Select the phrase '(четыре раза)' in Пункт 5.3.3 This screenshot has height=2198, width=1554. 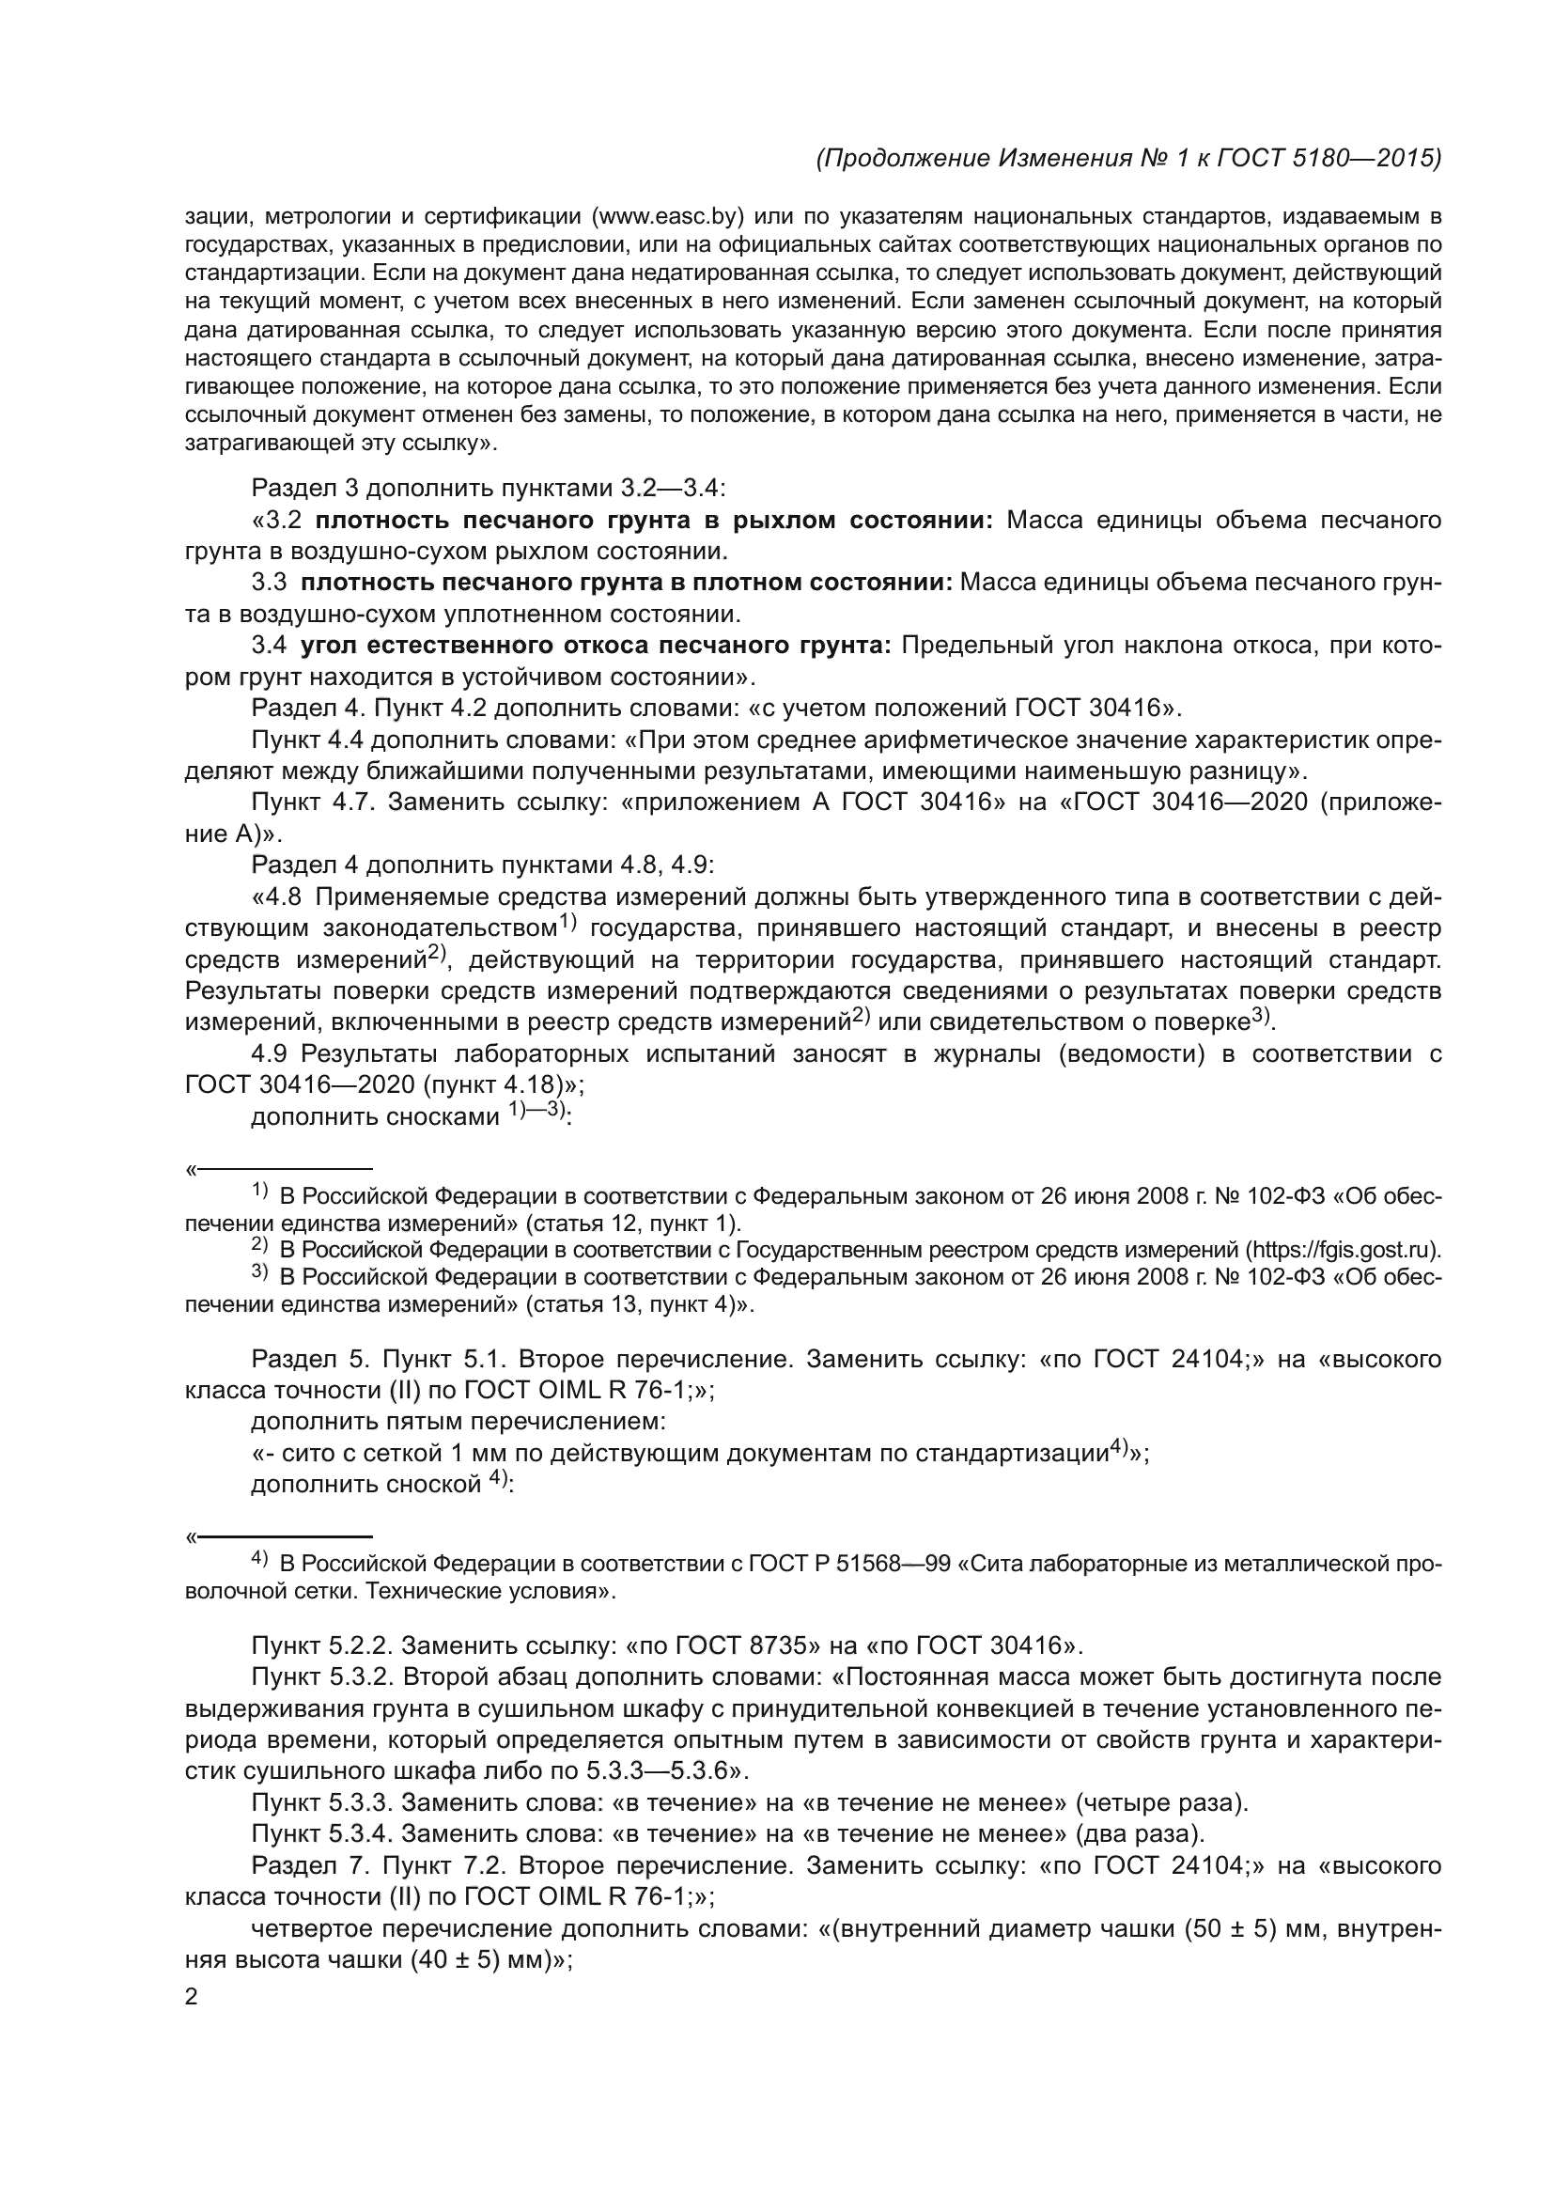coord(1161,1803)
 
